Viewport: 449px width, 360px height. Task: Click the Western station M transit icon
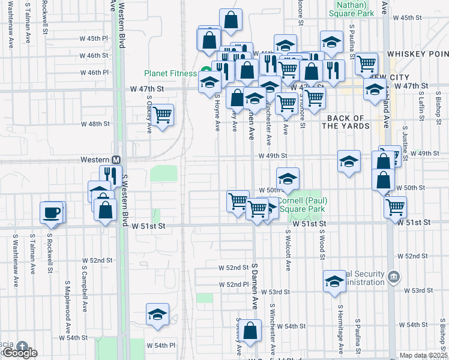pyautogui.click(x=116, y=160)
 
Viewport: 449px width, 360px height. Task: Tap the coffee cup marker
pyautogui.click(x=51, y=212)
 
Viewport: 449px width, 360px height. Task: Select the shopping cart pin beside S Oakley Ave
pyautogui.click(x=162, y=114)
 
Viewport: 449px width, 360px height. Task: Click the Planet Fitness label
pyautogui.click(x=170, y=74)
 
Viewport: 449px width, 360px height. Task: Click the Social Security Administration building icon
pyautogui.click(x=393, y=277)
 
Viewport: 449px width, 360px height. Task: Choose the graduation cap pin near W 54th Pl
pyautogui.click(x=157, y=314)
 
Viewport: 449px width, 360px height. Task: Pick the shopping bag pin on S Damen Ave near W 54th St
pyautogui.click(x=252, y=331)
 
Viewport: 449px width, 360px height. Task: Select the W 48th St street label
pyautogui.click(x=95, y=124)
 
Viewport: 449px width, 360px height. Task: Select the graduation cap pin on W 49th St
pyautogui.click(x=349, y=161)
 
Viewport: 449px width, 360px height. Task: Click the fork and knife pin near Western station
pyautogui.click(x=110, y=175)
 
